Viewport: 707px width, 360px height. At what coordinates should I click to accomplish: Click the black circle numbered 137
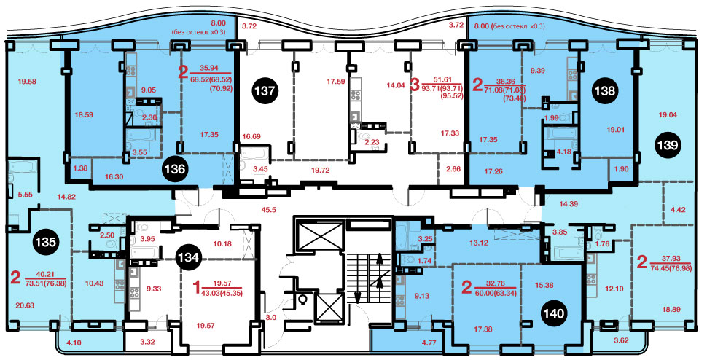tap(265, 91)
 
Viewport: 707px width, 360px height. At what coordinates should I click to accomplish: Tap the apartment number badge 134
tap(188, 258)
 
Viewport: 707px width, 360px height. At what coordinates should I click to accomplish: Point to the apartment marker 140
tap(554, 313)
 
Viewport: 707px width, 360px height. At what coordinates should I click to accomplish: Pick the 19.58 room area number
tap(27, 82)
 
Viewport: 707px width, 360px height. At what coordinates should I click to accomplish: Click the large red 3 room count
tap(415, 85)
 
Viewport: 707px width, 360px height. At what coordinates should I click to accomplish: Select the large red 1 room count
tap(196, 286)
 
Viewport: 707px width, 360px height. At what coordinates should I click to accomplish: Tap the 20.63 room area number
tap(24, 305)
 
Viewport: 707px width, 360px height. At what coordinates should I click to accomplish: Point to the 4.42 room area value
tap(679, 208)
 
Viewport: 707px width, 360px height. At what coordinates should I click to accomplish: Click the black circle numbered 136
tap(175, 169)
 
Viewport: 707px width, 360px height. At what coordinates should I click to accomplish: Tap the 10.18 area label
tap(222, 244)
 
